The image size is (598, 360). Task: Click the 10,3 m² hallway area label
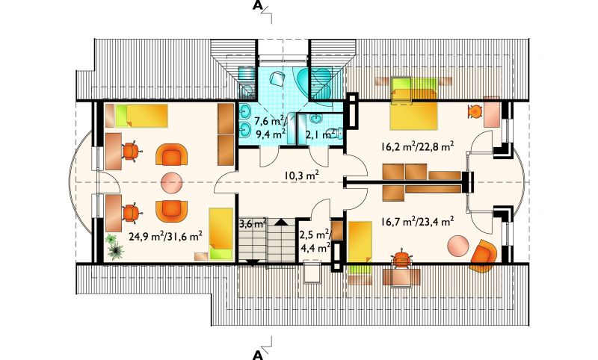point(301,176)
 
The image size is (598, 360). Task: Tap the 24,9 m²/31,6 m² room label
point(165,236)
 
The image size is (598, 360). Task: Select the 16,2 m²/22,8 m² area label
point(417,146)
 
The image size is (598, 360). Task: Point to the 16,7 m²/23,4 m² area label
point(417,221)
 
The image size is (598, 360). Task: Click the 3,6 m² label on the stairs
point(253,223)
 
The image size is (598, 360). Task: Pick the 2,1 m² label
point(321,134)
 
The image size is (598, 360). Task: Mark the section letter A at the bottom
point(258,355)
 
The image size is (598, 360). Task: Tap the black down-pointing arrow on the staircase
point(253,262)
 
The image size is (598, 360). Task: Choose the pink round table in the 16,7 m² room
point(458,246)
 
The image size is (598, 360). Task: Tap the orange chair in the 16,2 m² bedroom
point(475,111)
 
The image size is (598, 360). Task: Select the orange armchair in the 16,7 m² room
point(484,256)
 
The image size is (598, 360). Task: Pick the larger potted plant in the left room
point(115,252)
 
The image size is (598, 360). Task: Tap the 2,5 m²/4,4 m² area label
point(315,241)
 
